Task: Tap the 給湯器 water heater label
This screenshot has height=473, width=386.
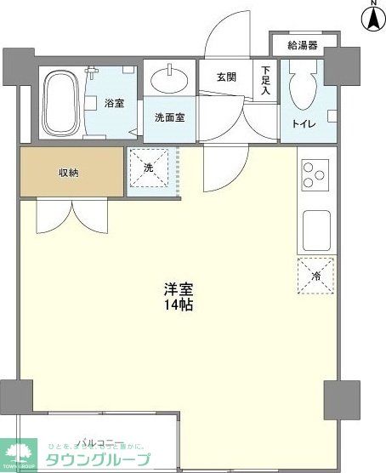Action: click(x=302, y=45)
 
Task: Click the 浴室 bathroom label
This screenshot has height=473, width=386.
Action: click(x=115, y=103)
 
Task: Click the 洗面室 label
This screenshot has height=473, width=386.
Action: click(x=168, y=117)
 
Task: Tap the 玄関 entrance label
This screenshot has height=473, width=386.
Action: click(x=226, y=77)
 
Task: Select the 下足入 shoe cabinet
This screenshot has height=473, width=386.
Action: click(x=266, y=81)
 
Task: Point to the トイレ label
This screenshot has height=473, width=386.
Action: click(x=304, y=124)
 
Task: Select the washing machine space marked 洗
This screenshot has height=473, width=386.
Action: click(x=149, y=169)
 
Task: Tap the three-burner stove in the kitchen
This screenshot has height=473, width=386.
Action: click(x=315, y=174)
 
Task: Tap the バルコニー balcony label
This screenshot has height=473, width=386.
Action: click(x=102, y=442)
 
